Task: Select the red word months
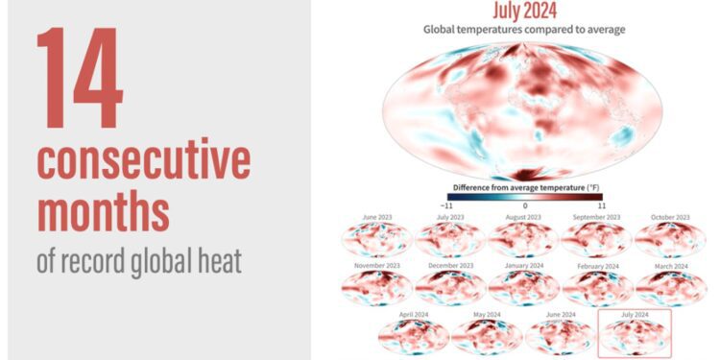tap(103, 209)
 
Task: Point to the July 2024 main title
tap(524, 11)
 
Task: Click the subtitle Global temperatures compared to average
tap(524, 29)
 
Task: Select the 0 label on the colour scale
tap(524, 205)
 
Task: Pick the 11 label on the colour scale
tap(602, 205)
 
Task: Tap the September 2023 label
tap(597, 218)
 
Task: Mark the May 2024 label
tap(487, 314)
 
